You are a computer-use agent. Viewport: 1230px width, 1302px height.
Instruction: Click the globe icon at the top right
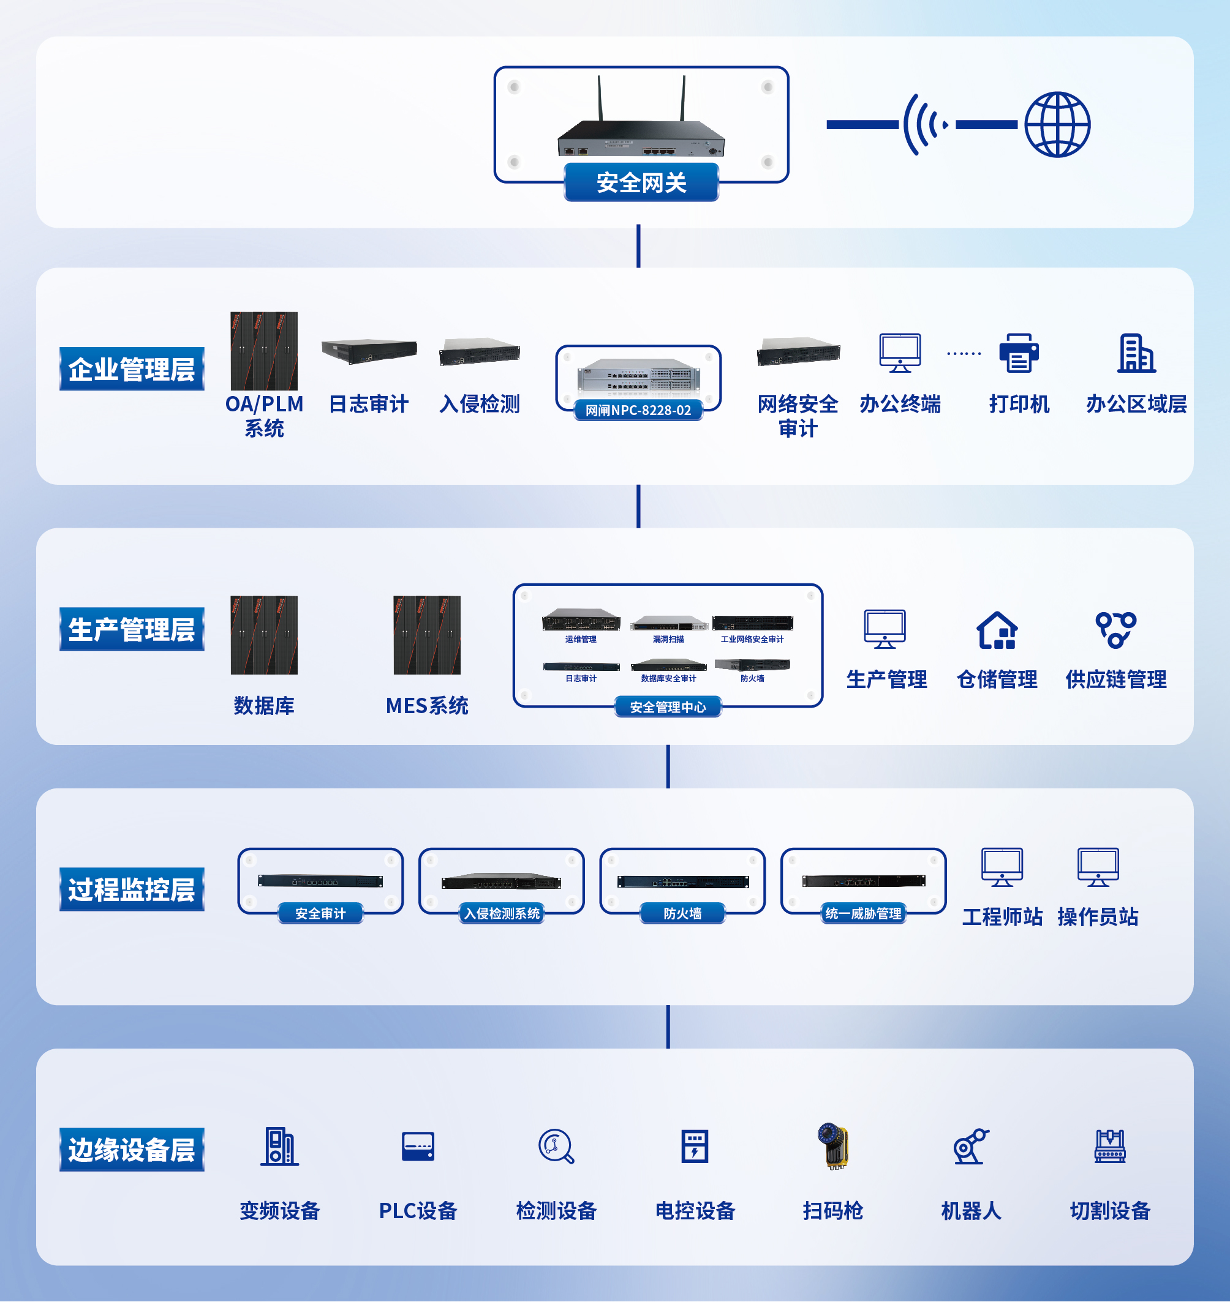pyautogui.click(x=1057, y=124)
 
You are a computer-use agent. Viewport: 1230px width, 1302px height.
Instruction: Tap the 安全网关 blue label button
pyautogui.click(x=641, y=183)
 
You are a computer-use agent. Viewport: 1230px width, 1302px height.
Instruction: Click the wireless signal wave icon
pyautogui.click(x=924, y=124)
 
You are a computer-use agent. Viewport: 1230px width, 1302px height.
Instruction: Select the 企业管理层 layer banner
pyautogui.click(x=132, y=369)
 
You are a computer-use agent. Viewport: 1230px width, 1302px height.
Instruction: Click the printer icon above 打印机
pyautogui.click(x=1018, y=353)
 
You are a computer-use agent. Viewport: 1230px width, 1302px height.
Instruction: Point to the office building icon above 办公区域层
pyautogui.click(x=1136, y=353)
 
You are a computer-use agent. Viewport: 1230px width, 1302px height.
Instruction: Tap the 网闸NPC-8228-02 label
pyautogui.click(x=638, y=410)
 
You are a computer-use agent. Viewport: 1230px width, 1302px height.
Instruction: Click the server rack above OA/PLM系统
pyautogui.click(x=264, y=351)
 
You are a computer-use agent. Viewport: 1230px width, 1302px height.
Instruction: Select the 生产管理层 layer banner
pyautogui.click(x=132, y=629)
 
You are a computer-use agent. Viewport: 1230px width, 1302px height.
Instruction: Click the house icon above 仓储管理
pyautogui.click(x=997, y=630)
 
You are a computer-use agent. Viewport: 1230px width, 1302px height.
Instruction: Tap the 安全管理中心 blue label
pyautogui.click(x=668, y=707)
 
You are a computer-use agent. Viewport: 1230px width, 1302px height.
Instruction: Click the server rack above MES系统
pyautogui.click(x=427, y=635)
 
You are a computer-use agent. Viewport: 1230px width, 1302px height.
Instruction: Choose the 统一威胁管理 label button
pyautogui.click(x=863, y=913)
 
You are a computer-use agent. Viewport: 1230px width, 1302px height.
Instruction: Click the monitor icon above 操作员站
pyautogui.click(x=1098, y=867)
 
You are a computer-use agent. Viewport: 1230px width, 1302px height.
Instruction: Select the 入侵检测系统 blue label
pyautogui.click(x=502, y=913)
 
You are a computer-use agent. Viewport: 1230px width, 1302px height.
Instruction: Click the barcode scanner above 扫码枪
pyautogui.click(x=832, y=1147)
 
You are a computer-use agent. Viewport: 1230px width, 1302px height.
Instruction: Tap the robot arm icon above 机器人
pyautogui.click(x=970, y=1147)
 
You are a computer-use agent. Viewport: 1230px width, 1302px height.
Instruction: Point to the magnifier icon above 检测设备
pyautogui.click(x=556, y=1147)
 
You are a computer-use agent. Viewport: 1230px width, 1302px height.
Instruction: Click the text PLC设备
pyautogui.click(x=418, y=1211)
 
